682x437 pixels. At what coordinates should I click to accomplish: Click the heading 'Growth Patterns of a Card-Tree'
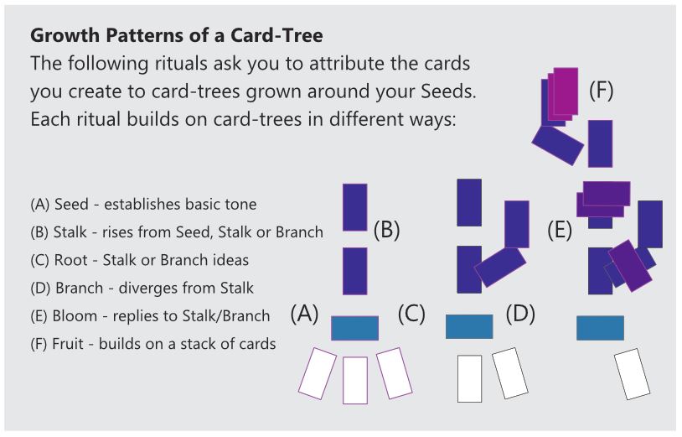(x=176, y=37)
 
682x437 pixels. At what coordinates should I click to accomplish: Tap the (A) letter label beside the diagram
(x=305, y=314)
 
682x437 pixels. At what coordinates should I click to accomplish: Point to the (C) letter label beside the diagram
(x=412, y=314)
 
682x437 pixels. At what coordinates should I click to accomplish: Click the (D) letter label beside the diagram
(x=520, y=314)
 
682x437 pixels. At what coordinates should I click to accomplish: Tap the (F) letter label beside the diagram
(x=601, y=91)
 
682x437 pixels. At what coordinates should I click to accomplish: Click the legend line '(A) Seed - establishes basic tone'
(x=142, y=204)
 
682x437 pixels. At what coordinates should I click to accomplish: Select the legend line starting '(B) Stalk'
(x=176, y=232)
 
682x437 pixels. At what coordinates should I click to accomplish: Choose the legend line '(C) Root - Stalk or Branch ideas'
(x=139, y=260)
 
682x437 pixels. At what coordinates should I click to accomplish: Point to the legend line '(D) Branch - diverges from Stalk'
(x=142, y=288)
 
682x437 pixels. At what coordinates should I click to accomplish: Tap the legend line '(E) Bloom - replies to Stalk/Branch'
(x=150, y=315)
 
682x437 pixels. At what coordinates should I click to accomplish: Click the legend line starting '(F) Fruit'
(x=152, y=343)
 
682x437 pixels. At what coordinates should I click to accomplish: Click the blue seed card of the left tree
(x=354, y=327)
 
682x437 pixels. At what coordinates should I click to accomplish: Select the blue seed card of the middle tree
(x=468, y=326)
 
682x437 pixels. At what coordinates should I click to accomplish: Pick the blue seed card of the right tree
(x=600, y=327)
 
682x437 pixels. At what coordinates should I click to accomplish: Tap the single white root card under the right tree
(x=633, y=374)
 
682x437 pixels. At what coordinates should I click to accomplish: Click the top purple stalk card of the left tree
(x=355, y=206)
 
